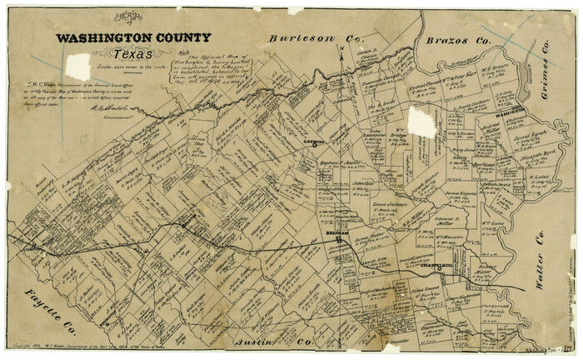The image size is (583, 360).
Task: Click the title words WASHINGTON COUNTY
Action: pos(133,37)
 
